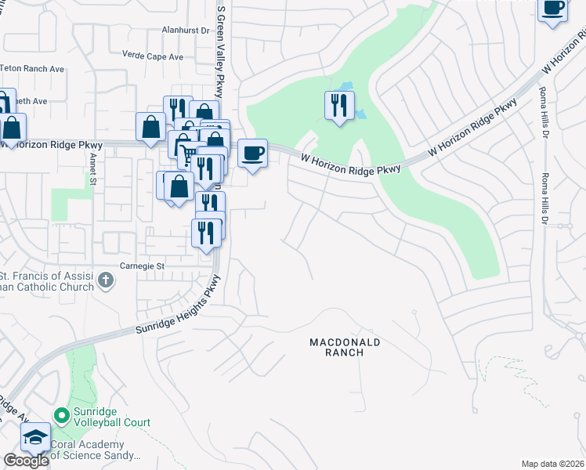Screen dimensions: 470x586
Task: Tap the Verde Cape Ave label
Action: [x=153, y=56]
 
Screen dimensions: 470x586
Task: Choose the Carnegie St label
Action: [x=142, y=266]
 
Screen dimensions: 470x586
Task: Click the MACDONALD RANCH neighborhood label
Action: [x=345, y=347]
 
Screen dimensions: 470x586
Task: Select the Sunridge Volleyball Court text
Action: [x=111, y=417]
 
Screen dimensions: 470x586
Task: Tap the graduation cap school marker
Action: [x=35, y=436]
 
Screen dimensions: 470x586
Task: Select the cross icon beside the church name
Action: [x=106, y=278]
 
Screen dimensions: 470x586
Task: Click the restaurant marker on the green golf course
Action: [x=339, y=106]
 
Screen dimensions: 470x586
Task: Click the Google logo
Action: [x=26, y=460]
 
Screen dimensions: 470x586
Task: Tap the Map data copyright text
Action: [x=552, y=464]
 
